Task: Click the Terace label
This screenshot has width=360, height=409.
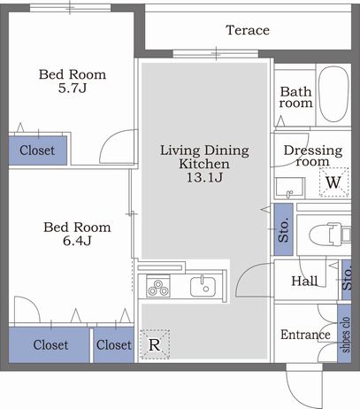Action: (x=248, y=30)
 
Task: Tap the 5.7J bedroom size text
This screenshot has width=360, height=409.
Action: (x=73, y=89)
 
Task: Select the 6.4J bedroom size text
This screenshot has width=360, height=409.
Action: (x=77, y=241)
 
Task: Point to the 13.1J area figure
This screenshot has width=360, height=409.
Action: (x=204, y=177)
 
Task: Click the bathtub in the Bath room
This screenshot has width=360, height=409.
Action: (x=333, y=95)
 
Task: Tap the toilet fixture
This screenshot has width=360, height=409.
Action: (x=330, y=235)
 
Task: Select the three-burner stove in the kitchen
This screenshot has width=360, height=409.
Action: (x=158, y=286)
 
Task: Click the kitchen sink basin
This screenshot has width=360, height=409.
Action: (x=203, y=287)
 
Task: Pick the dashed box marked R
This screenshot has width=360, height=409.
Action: (x=155, y=344)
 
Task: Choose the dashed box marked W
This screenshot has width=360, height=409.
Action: (x=334, y=182)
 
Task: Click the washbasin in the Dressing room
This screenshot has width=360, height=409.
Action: (x=289, y=189)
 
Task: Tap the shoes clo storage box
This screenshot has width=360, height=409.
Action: (x=344, y=334)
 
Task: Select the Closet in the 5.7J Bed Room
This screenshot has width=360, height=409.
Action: (x=38, y=150)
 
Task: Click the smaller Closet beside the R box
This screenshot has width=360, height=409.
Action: (x=114, y=345)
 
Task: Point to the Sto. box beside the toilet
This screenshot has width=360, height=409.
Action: (x=284, y=229)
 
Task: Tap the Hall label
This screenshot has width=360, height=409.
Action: (x=304, y=281)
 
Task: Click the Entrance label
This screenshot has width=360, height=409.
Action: (x=305, y=335)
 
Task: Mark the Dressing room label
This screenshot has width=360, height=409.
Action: (x=313, y=156)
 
